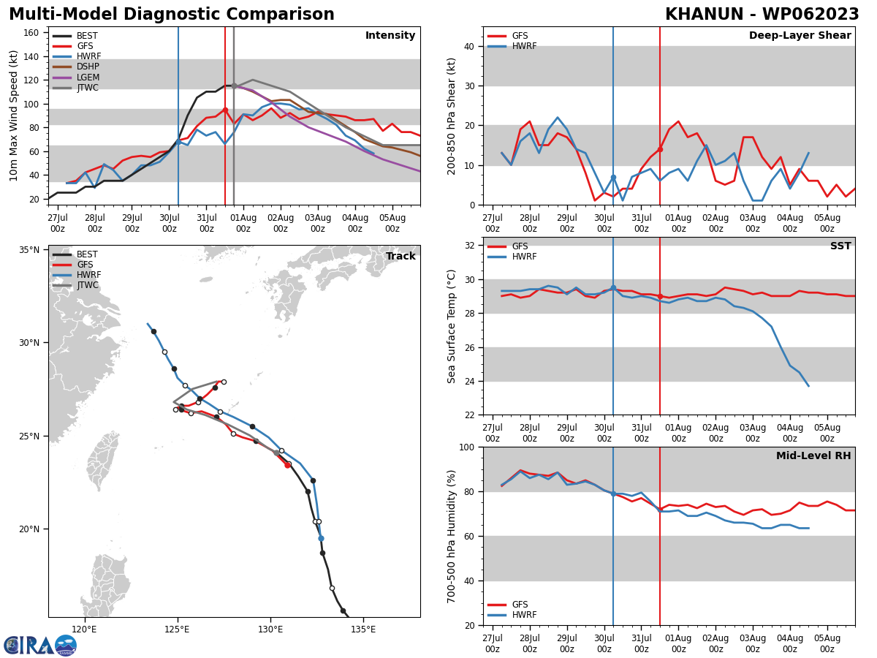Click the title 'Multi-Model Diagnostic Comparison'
(x=171, y=15)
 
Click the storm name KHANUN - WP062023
(x=762, y=15)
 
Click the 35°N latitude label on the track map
(x=29, y=250)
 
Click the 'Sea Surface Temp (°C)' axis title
(x=452, y=326)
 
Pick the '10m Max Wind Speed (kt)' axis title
(x=14, y=116)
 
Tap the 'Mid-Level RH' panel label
(x=813, y=456)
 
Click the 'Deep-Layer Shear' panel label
(x=800, y=36)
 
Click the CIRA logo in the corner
(x=40, y=645)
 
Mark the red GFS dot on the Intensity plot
(x=225, y=110)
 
